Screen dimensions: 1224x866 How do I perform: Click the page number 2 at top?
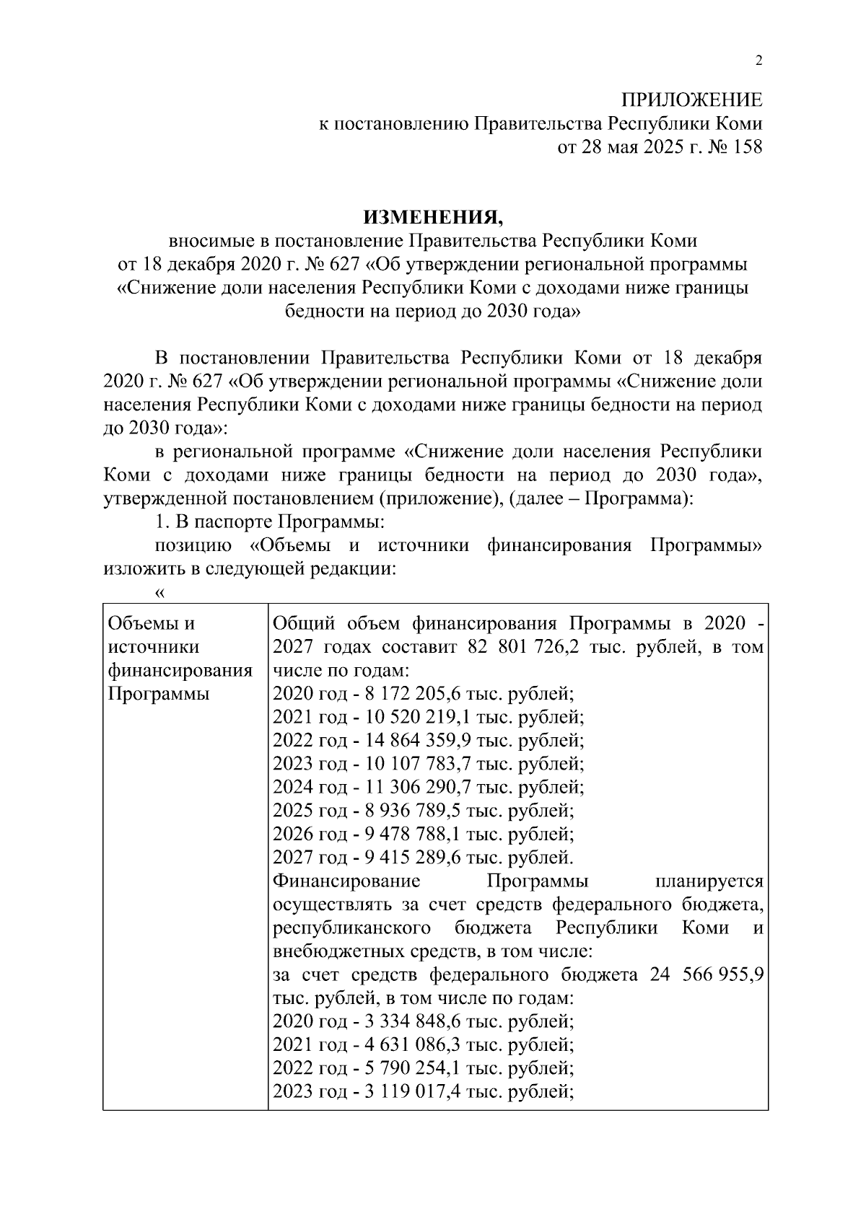tap(758, 61)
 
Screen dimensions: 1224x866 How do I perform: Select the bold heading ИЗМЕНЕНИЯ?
tap(432, 216)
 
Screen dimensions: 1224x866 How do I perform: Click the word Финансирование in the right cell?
tap(347, 881)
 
